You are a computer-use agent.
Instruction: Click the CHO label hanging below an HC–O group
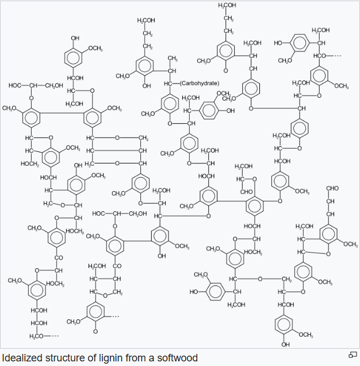pyautogui.click(x=246, y=191)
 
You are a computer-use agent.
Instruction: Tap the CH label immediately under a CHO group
pyautogui.click(x=331, y=201)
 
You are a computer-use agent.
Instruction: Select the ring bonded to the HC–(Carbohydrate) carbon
pyautogui.click(x=170, y=104)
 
